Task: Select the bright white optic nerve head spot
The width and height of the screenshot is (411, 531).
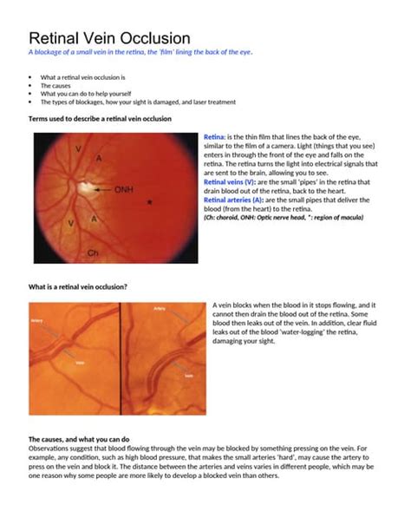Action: click(88, 185)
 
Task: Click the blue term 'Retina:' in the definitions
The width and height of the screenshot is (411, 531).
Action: click(214, 138)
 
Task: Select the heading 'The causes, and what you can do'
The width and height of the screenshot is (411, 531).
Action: click(79, 439)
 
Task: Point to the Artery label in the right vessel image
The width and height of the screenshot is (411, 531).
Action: click(160, 308)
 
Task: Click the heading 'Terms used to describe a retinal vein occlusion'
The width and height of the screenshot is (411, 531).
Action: click(100, 118)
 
